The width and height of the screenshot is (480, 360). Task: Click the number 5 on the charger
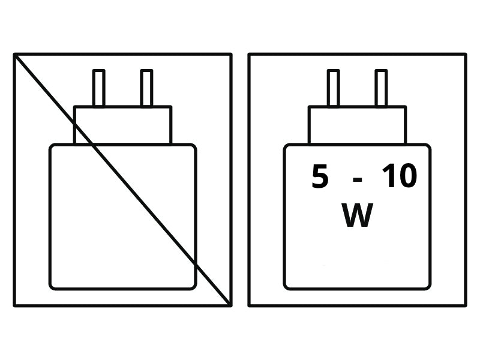(320, 176)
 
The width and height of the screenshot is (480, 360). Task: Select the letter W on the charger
(357, 215)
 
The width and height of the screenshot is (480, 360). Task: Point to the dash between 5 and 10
(357, 179)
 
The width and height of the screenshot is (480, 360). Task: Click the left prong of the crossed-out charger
(98, 88)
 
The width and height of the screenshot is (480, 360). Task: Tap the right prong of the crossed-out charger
(146, 88)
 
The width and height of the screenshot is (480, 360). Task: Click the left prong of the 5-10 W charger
(333, 88)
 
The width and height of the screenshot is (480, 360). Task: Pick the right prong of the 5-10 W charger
(381, 88)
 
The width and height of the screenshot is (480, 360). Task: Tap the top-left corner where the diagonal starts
(14, 55)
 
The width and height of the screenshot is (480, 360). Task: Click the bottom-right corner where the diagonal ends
(230, 305)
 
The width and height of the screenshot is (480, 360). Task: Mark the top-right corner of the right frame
(466, 55)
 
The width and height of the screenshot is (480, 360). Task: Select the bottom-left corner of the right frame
(249, 305)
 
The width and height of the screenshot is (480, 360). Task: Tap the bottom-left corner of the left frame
(14, 305)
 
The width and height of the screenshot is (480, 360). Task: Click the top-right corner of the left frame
(230, 55)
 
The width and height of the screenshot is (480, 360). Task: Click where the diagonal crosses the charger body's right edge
(195, 263)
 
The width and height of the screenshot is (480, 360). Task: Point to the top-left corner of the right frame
(249, 55)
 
